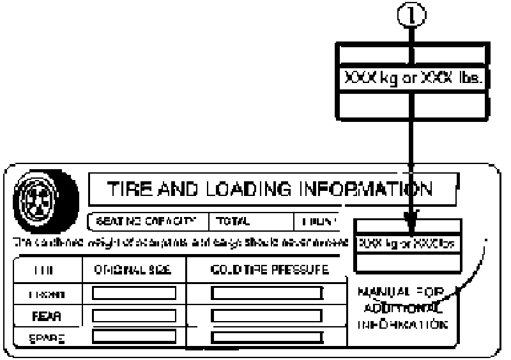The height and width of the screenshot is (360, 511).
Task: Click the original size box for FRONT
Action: coord(133,293)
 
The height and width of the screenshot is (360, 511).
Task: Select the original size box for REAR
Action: coord(133,314)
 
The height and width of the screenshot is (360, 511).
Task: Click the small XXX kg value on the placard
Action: coord(382,243)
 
